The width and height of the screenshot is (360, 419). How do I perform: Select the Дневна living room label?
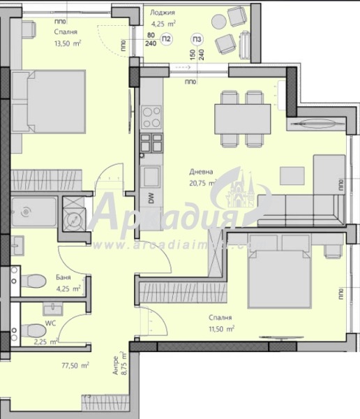[200, 171]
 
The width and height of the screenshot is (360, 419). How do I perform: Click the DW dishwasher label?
[150, 198]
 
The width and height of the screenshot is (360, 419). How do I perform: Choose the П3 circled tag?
[198, 38]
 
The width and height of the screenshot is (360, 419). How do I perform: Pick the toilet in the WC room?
[31, 328]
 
